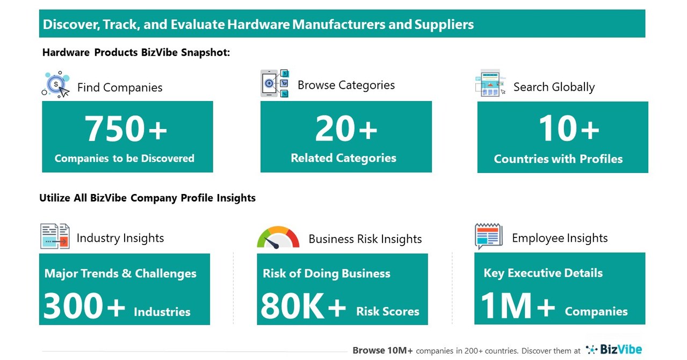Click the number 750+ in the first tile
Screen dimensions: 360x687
click(126, 129)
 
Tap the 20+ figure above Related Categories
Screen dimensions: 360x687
click(346, 129)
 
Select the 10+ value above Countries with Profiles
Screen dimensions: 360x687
click(569, 129)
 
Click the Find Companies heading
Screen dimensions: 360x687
click(120, 88)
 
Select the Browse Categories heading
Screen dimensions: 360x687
click(346, 85)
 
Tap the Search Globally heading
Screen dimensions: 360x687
click(554, 87)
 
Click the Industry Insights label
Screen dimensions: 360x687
click(120, 238)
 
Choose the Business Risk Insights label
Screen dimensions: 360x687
click(365, 239)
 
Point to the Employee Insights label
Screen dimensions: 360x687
click(560, 238)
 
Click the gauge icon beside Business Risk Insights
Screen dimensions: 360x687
click(278, 238)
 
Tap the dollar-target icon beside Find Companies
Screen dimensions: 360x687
click(56, 84)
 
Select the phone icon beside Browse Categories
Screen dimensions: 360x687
click(274, 83)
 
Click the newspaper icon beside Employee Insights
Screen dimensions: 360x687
click(488, 236)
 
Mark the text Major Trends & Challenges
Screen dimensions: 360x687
click(120, 273)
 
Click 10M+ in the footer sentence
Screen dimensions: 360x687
click(398, 350)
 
